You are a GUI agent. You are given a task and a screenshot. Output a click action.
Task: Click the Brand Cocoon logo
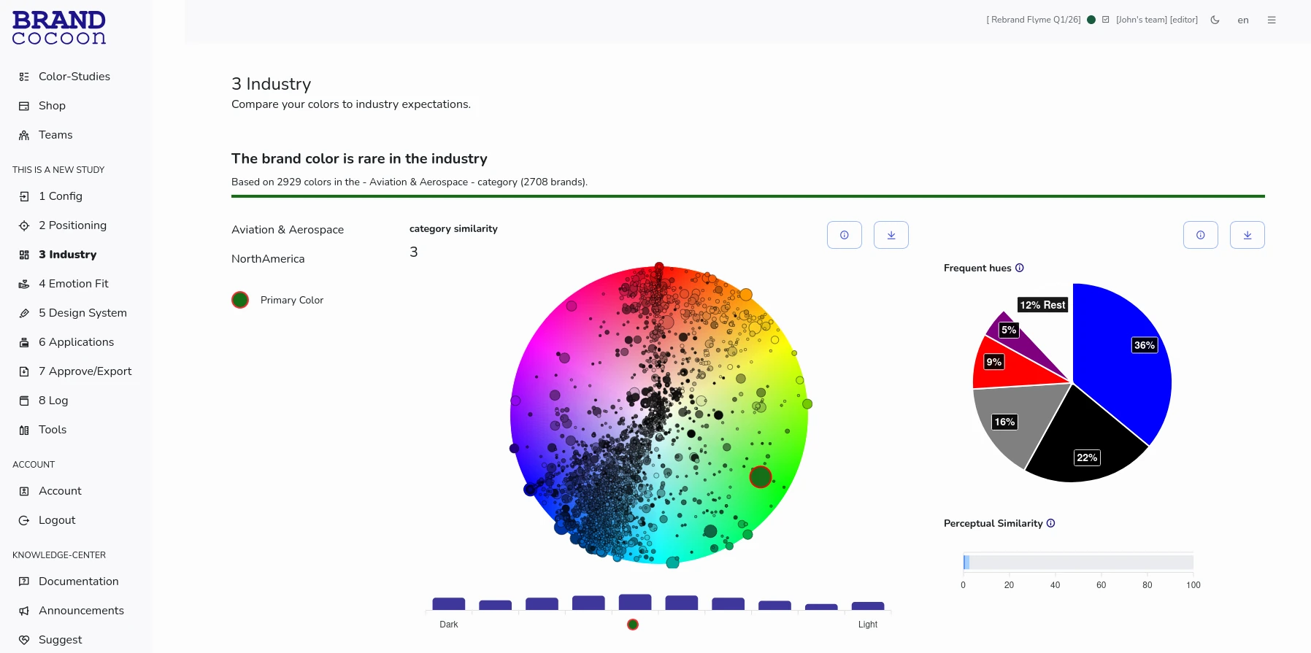[x=59, y=28]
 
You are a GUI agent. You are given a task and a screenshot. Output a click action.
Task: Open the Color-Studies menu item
[x=74, y=77]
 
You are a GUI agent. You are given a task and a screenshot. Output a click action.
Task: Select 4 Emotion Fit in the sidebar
[x=73, y=284]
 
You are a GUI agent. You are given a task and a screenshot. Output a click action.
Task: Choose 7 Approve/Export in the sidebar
[x=85, y=371]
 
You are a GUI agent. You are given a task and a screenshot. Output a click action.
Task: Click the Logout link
[x=57, y=520]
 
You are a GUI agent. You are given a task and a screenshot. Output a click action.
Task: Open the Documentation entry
[x=78, y=581]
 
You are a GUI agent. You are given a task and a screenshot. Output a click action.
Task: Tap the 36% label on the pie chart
[x=1144, y=345]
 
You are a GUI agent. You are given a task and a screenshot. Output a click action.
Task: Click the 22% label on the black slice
[x=1087, y=457]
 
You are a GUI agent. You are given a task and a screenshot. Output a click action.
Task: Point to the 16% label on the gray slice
[x=1004, y=422]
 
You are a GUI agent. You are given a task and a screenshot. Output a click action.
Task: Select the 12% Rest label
[x=1042, y=305]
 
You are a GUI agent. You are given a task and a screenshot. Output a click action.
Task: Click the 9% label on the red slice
[x=993, y=362]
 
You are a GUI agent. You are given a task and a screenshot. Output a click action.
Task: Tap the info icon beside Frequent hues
[x=1020, y=268]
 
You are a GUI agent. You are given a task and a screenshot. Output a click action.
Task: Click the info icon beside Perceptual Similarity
[x=1051, y=523]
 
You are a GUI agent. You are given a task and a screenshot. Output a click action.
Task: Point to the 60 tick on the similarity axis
[x=1102, y=585]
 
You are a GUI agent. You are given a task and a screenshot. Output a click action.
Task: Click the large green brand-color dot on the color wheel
[x=761, y=477]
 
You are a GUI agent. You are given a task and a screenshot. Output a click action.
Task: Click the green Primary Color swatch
[x=240, y=300]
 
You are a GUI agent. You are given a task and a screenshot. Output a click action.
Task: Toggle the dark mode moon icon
[x=1215, y=20]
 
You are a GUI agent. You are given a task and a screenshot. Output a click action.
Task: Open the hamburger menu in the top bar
[x=1272, y=20]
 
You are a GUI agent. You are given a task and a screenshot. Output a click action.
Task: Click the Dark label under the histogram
[x=449, y=625]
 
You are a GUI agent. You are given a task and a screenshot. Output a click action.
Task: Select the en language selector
[x=1243, y=20]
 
